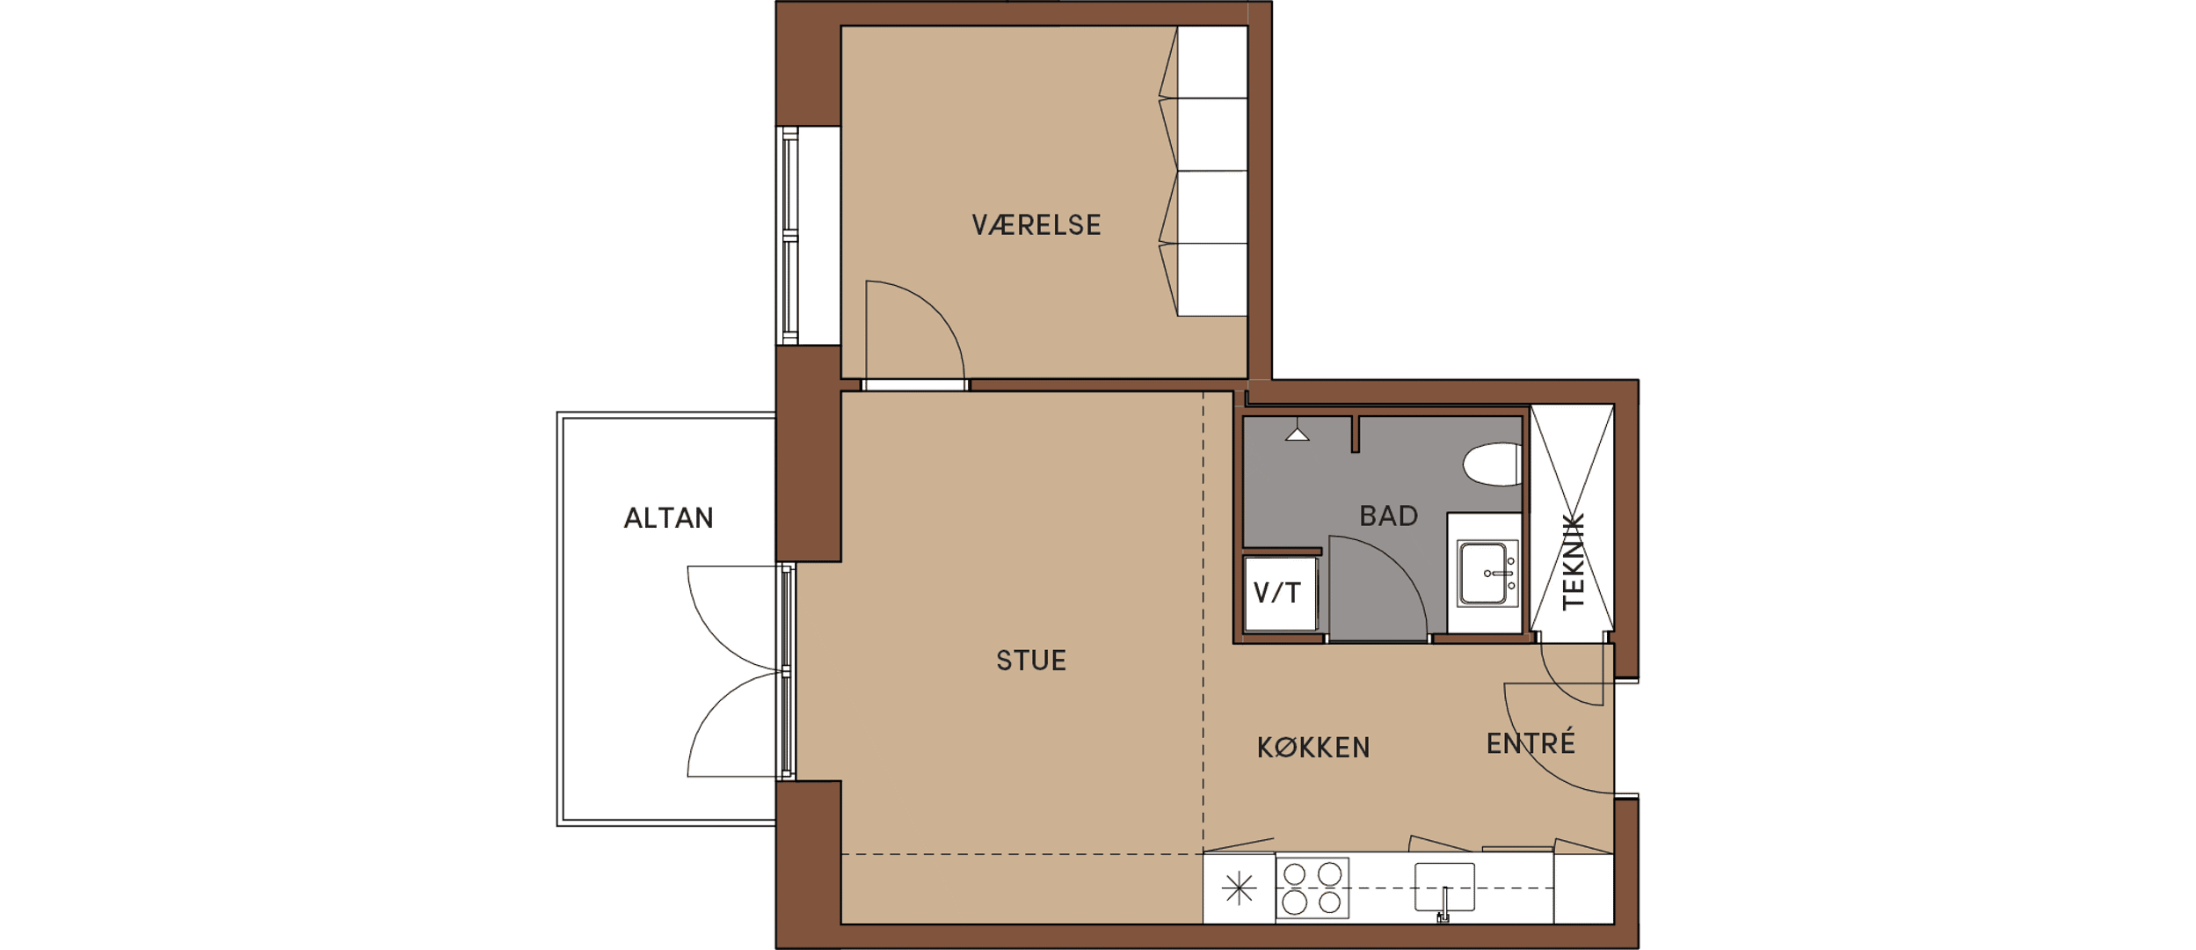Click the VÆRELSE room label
(x=1036, y=225)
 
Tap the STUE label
(x=1031, y=661)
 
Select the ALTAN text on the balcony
(x=668, y=518)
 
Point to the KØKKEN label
(x=1313, y=748)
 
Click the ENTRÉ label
(x=1531, y=742)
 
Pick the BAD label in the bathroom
(x=1389, y=515)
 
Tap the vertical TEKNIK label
(x=1573, y=561)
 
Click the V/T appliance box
(x=1280, y=593)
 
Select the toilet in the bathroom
(x=1492, y=464)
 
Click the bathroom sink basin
(x=1487, y=574)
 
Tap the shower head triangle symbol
(x=1297, y=434)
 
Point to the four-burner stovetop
(x=1312, y=888)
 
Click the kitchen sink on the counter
(x=1444, y=887)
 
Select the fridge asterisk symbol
(x=1239, y=888)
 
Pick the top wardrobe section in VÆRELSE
(x=1212, y=62)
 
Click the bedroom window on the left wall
(x=790, y=236)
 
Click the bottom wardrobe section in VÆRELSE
(x=1212, y=280)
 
